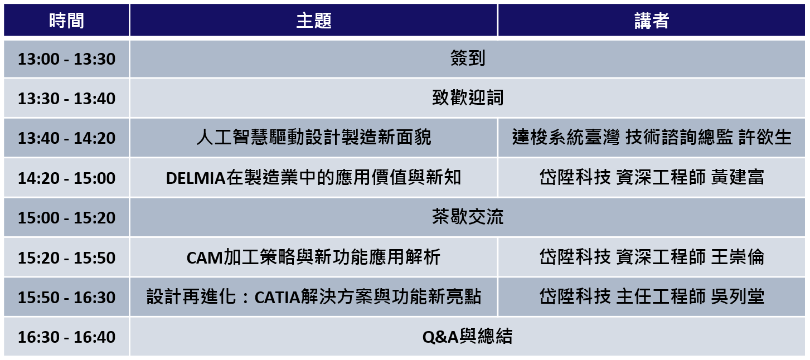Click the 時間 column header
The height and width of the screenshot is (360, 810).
(66, 20)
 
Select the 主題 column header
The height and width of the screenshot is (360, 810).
(313, 20)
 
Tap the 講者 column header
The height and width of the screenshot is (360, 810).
(652, 20)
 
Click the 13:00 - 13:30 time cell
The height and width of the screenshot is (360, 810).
(66, 59)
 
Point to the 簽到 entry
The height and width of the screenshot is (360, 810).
(468, 58)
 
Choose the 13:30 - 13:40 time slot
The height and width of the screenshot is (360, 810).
(66, 98)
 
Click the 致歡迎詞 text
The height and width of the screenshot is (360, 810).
(468, 98)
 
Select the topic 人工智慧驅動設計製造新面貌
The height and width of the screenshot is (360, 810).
(313, 137)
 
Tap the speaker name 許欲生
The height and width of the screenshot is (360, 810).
(765, 137)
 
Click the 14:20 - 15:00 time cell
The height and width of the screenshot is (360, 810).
(66, 178)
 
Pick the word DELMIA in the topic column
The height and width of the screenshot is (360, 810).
(196, 178)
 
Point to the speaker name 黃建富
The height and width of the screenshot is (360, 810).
(738, 177)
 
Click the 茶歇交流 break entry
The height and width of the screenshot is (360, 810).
(468, 217)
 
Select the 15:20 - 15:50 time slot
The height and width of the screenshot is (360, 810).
(66, 257)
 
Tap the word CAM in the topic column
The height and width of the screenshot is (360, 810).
(205, 258)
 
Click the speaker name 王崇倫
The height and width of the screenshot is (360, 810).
(738, 257)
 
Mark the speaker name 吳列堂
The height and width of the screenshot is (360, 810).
(738, 296)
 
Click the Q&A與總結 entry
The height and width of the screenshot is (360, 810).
(468, 337)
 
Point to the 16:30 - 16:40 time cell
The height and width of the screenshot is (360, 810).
(66, 337)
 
